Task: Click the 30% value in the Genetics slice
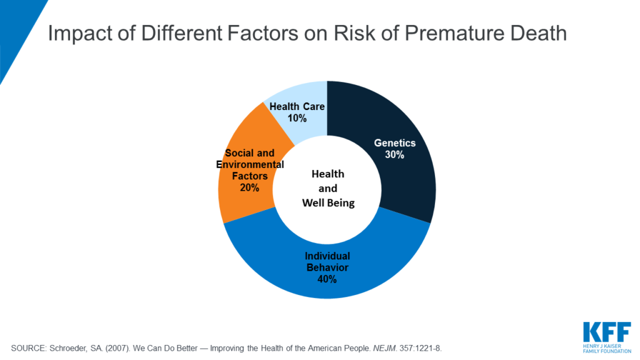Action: [x=395, y=154]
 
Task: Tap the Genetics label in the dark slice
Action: [x=395, y=143]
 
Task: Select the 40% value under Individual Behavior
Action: [x=327, y=279]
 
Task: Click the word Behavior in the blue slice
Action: [x=327, y=267]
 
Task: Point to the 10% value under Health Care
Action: [x=297, y=118]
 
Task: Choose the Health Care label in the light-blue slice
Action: [x=297, y=107]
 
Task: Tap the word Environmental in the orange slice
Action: [x=250, y=164]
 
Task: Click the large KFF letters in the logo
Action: [x=606, y=331]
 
